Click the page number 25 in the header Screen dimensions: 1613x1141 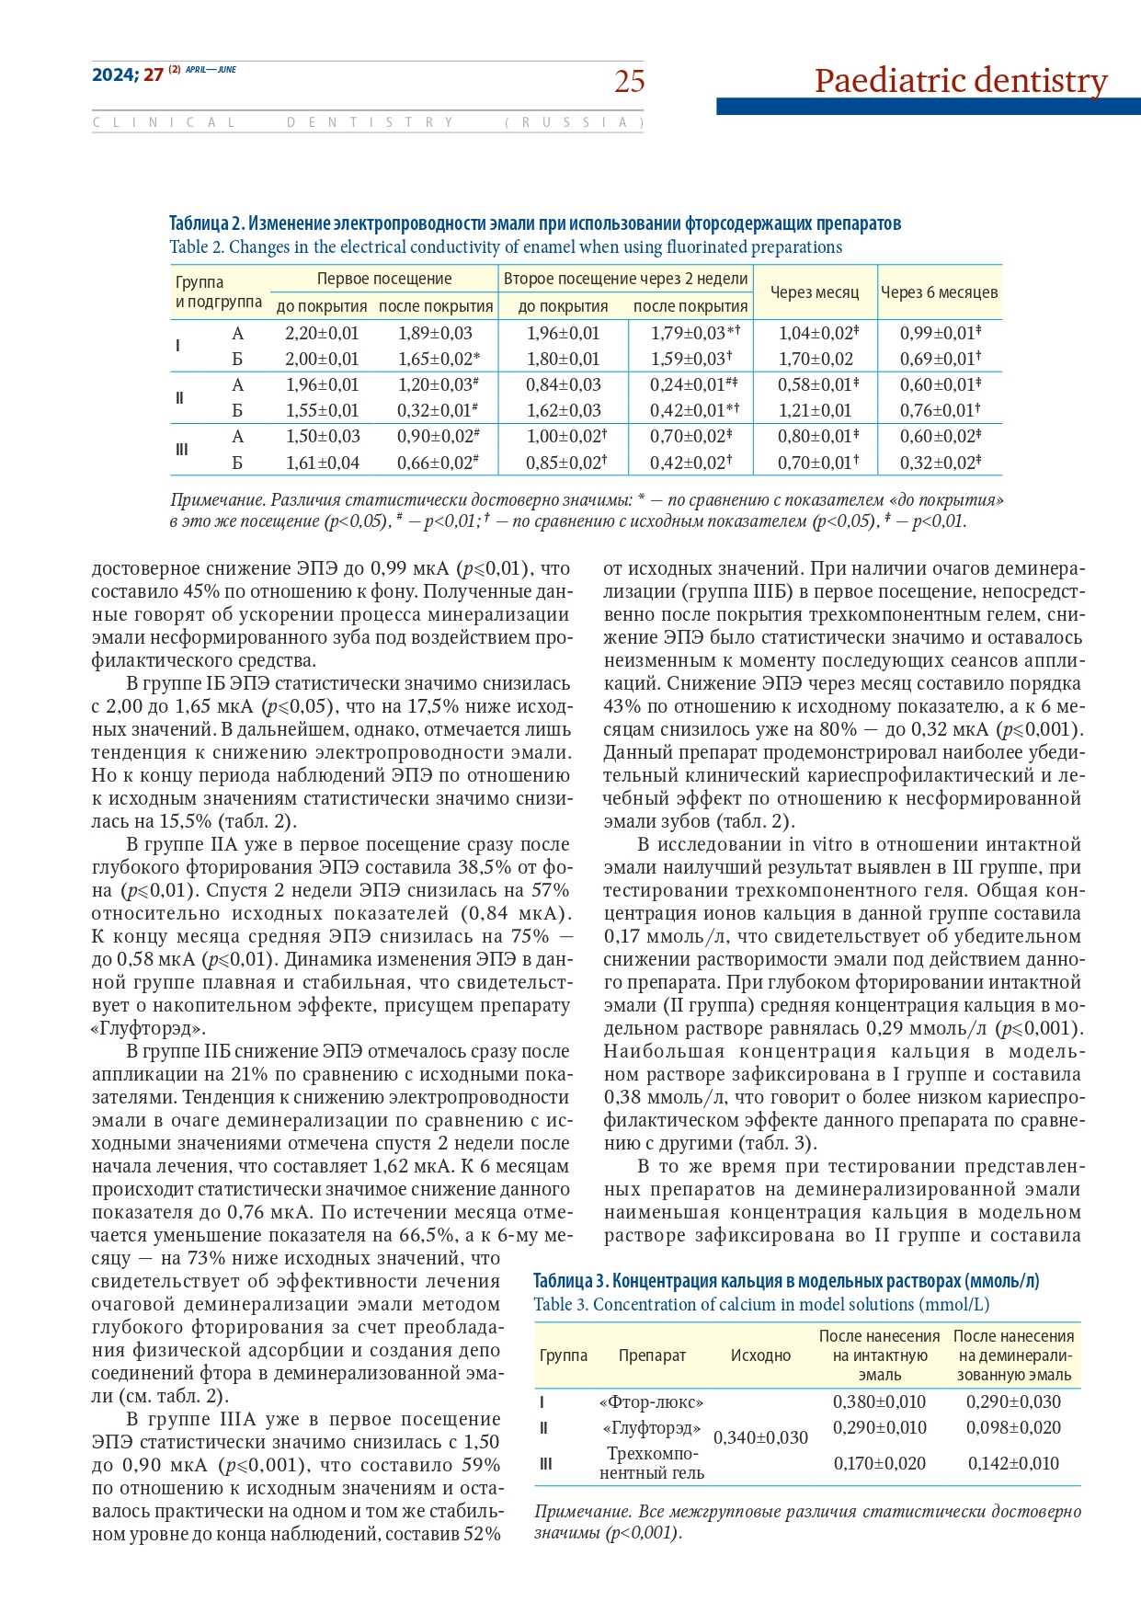[x=630, y=82]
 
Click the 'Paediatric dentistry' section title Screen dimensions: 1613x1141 [x=961, y=81]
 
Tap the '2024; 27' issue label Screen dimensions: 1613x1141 [x=127, y=75]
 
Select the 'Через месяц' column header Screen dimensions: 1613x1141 [x=815, y=292]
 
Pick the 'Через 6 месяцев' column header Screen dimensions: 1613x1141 [x=939, y=292]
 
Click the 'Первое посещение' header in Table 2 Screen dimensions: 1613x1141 [x=384, y=279]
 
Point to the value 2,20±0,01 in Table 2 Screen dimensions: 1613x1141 [x=322, y=333]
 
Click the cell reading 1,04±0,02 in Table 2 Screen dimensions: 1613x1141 [x=815, y=333]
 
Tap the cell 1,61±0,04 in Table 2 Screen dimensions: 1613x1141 [x=322, y=463]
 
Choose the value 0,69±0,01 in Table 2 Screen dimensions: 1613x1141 [x=939, y=359]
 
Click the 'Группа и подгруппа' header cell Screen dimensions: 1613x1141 [x=218, y=292]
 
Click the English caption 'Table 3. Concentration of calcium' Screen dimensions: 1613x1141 [x=761, y=1304]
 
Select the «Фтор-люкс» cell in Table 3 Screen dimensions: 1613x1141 [x=651, y=1402]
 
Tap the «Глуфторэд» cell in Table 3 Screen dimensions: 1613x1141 [x=651, y=1428]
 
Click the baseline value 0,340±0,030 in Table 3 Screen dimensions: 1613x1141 [x=760, y=1437]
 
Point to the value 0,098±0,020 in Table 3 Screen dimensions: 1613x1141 [x=1013, y=1428]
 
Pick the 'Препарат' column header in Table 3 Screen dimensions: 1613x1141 [x=652, y=1356]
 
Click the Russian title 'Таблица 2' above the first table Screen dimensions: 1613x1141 [x=207, y=223]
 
